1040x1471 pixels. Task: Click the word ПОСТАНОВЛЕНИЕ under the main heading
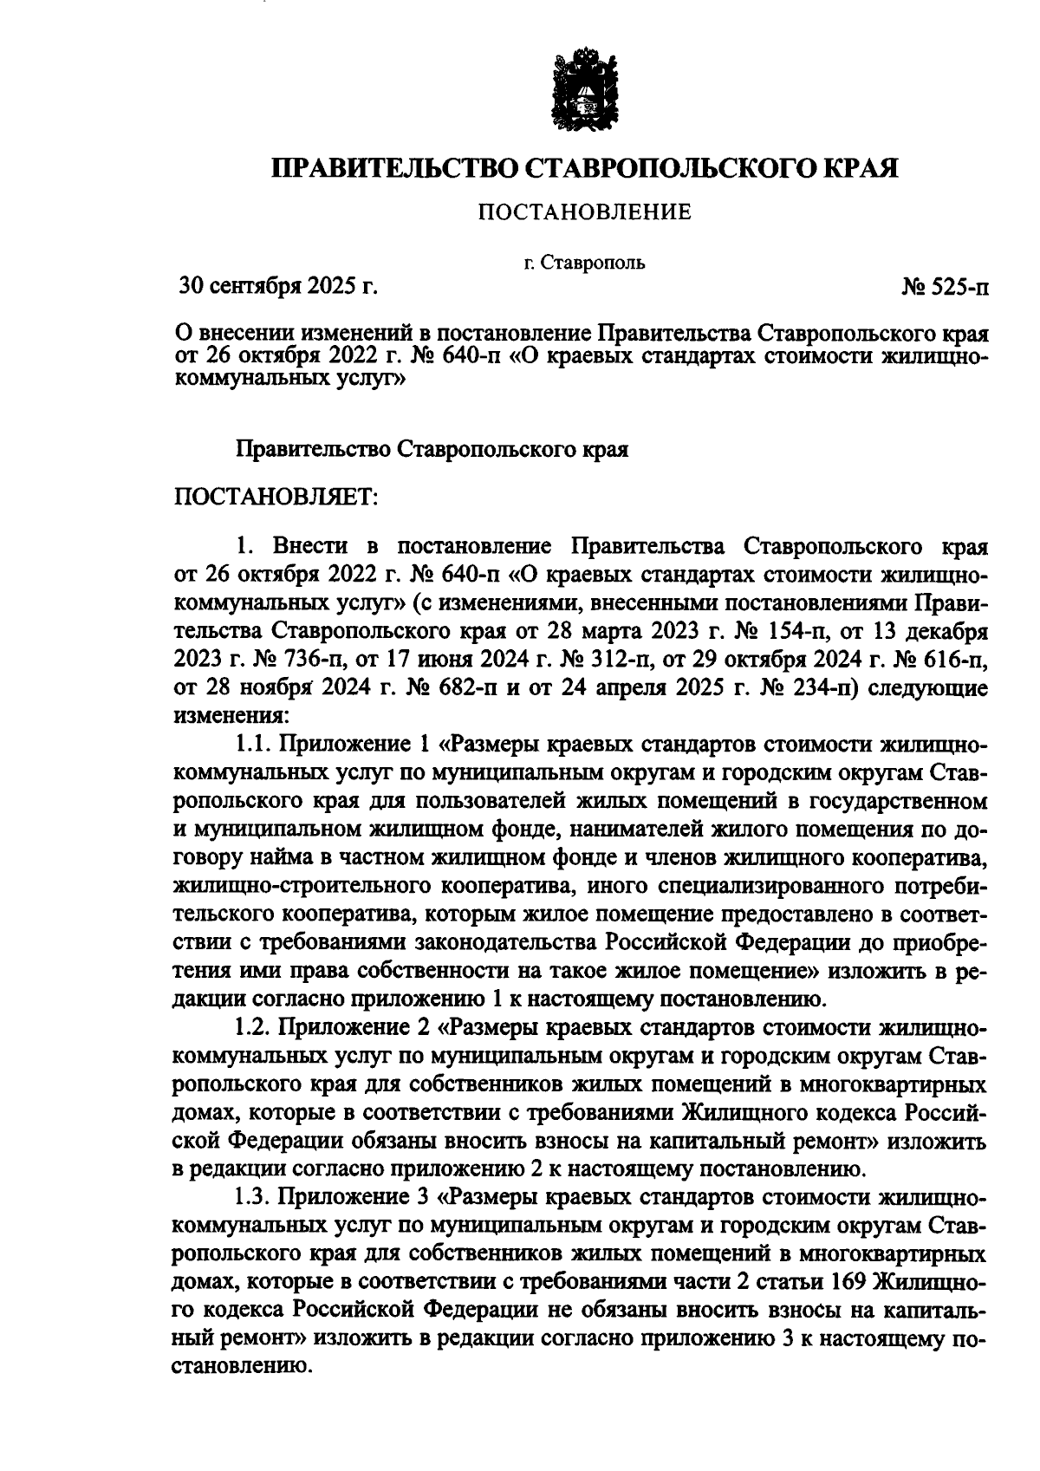(x=586, y=212)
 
